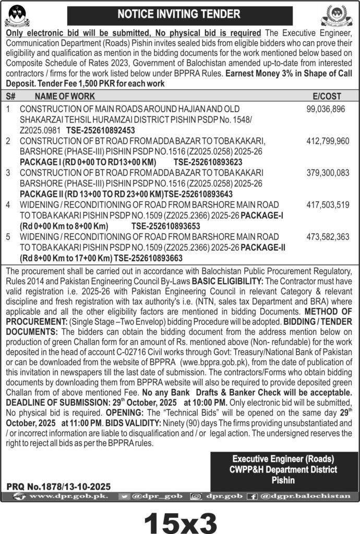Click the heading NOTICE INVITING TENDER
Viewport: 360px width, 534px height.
click(x=180, y=14)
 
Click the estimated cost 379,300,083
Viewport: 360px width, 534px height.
click(x=326, y=172)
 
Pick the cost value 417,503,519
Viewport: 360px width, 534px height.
click(x=326, y=204)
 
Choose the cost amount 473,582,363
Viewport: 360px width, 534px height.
click(x=326, y=236)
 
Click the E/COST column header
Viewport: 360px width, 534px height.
click(x=325, y=97)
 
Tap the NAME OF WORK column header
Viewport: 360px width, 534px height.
click(x=65, y=97)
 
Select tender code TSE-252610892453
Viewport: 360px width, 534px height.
click(x=101, y=130)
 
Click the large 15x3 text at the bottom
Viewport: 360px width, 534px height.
click(x=180, y=519)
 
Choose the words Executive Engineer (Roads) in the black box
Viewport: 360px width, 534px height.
click(x=284, y=459)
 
